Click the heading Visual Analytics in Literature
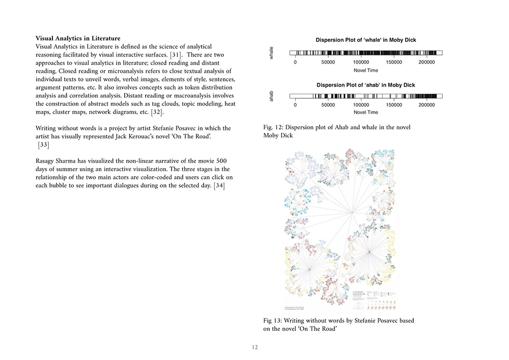pos(78,39)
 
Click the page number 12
pos(254,347)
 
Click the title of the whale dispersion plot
pos(365,40)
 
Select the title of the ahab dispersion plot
pos(366,85)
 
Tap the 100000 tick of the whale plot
pos(361,62)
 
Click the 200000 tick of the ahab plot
pos(427,105)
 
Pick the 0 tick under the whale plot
pos(295,62)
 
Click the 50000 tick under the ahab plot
pos(328,105)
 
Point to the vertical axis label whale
pos(271,53)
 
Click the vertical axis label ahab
pos(271,96)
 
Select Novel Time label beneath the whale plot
pos(365,70)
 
